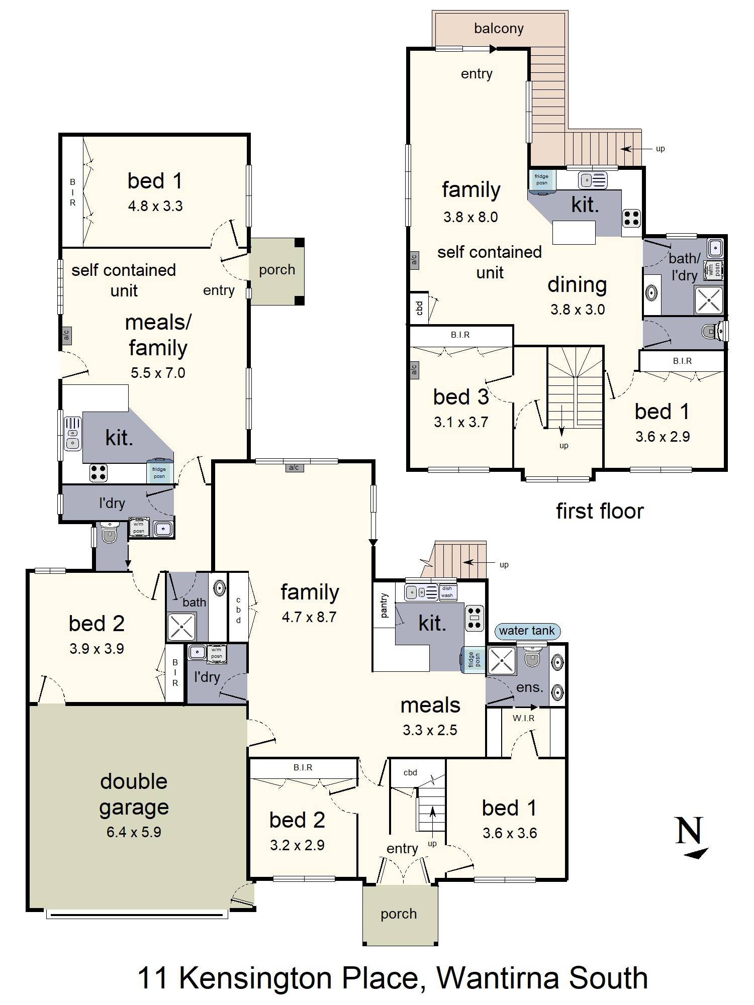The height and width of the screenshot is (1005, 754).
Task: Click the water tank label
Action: (527, 631)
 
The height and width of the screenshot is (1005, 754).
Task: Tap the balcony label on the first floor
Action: (499, 29)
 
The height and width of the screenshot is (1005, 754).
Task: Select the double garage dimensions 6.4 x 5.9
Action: (134, 832)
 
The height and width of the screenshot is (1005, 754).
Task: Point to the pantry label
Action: (385, 605)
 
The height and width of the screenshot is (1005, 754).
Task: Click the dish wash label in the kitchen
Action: (447, 592)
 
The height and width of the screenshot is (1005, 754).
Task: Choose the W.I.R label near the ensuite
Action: (523, 718)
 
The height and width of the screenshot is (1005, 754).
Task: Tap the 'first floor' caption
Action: (600, 511)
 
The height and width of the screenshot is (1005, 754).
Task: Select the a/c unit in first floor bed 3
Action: (414, 370)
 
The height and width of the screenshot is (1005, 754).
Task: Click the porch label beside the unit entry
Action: (277, 270)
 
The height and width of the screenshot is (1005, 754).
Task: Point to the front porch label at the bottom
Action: (399, 914)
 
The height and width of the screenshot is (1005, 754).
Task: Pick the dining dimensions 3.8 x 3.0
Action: (578, 310)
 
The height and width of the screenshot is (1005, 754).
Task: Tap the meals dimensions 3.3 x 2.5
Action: (430, 730)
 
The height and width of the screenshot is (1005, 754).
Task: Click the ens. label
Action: (530, 687)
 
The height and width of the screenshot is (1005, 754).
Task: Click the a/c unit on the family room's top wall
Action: (294, 468)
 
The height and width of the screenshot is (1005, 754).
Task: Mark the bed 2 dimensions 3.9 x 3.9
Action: (97, 649)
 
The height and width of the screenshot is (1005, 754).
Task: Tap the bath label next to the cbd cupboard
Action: (194, 602)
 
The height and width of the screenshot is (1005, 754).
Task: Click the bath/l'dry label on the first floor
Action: (684, 267)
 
